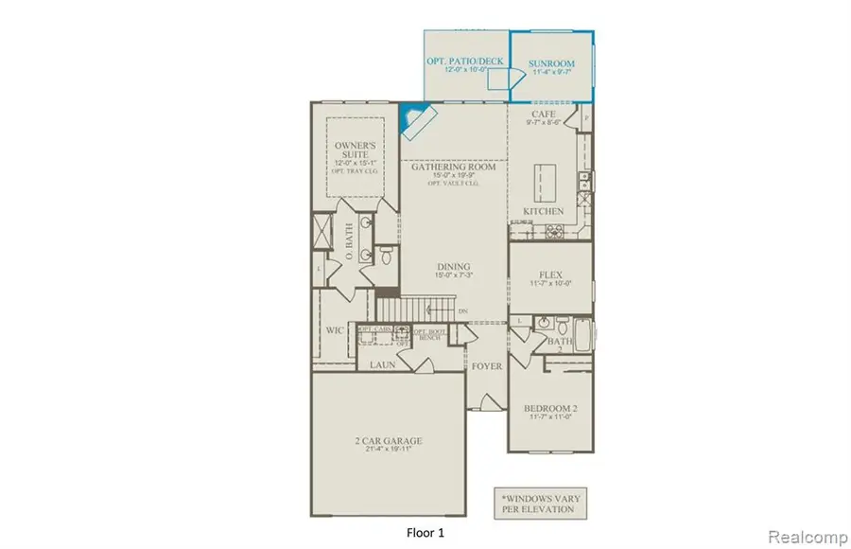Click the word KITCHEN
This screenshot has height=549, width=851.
click(x=543, y=211)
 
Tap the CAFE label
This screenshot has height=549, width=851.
click(x=543, y=113)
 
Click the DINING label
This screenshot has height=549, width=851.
click(x=454, y=267)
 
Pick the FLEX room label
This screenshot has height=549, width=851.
click(x=549, y=275)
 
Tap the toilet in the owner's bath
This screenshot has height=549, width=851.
click(x=390, y=254)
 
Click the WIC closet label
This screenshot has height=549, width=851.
click(x=334, y=331)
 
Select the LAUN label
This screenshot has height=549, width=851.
click(x=382, y=363)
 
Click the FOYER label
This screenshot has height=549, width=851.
click(x=487, y=365)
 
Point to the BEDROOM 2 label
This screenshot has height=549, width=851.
click(x=549, y=410)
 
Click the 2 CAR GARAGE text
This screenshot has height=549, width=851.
click(x=389, y=440)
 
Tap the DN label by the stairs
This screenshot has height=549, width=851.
click(x=462, y=310)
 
